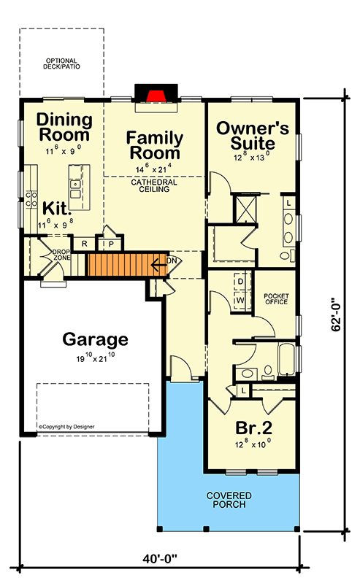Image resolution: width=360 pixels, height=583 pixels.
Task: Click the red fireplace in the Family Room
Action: click(x=153, y=96)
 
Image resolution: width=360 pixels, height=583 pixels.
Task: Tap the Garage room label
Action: click(x=95, y=339)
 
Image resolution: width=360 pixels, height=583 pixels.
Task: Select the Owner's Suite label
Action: click(x=253, y=135)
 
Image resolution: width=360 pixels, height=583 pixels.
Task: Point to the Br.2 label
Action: click(x=251, y=428)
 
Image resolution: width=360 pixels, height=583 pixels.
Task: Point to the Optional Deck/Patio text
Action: click(x=61, y=64)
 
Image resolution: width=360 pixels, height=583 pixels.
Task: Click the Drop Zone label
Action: click(x=61, y=256)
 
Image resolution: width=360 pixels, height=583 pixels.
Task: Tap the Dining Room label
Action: click(x=64, y=127)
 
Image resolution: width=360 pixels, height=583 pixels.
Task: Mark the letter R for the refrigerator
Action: click(x=85, y=244)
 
